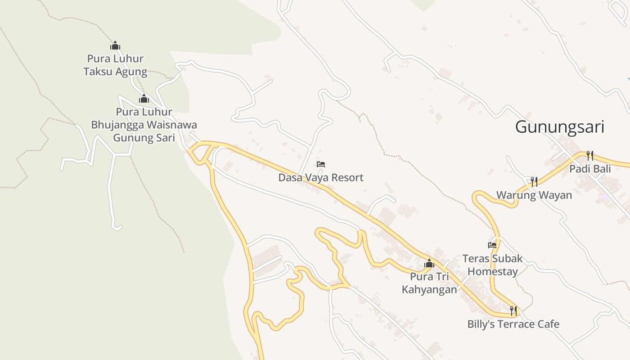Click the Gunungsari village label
coord(559,127)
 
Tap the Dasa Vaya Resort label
coord(320,178)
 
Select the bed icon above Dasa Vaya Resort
coord(321,164)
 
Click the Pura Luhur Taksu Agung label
coord(115,65)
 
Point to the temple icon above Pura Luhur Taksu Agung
coord(115,45)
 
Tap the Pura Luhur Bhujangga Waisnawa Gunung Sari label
coord(144,125)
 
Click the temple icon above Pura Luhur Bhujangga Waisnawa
coord(144,99)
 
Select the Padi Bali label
coord(590,169)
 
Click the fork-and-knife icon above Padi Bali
coord(589,156)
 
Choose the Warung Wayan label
coord(534,195)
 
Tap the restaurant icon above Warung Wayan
coord(534,182)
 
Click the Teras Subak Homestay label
coord(492,265)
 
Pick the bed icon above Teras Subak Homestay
coord(492,245)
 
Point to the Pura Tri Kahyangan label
coord(429,283)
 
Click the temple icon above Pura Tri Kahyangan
coord(429,263)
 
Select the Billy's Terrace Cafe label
coord(513,324)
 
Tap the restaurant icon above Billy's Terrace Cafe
coord(513,310)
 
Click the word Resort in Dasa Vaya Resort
coord(346,178)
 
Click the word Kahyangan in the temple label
coord(429,289)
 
